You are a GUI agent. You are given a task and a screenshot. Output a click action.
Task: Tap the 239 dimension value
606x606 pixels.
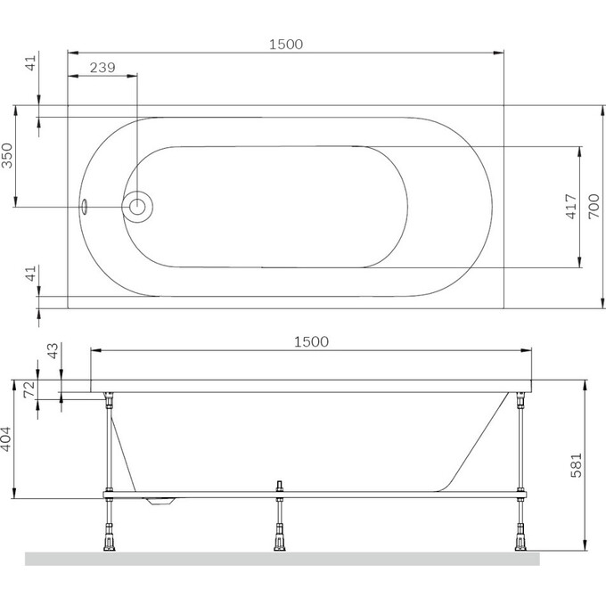pyautogui.click(x=103, y=67)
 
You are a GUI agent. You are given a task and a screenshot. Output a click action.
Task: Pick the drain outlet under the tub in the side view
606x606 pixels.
pyautogui.click(x=160, y=503)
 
